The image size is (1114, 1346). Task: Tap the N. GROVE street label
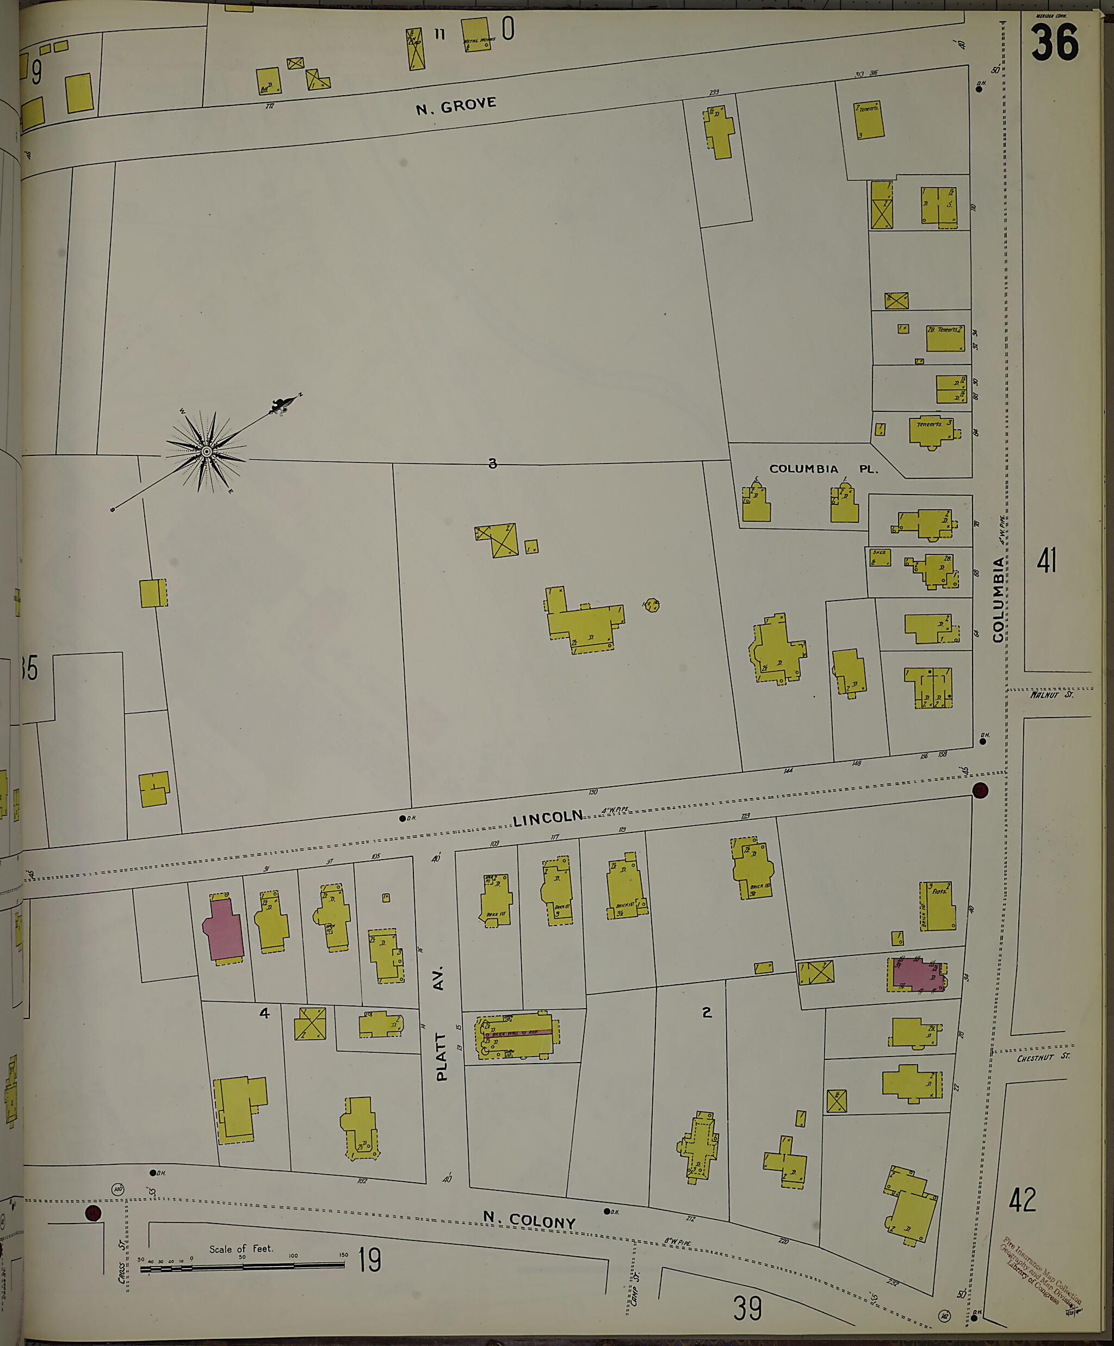(x=456, y=105)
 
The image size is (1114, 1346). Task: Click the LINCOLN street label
(x=548, y=817)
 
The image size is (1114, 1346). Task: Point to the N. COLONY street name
(x=529, y=1219)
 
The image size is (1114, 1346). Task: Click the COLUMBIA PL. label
(x=823, y=469)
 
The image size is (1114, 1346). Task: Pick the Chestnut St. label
(x=1043, y=1058)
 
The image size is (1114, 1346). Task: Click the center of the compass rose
(x=206, y=452)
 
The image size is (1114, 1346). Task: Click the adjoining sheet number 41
(x=1046, y=561)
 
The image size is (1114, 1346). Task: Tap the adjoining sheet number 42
(x=1022, y=1199)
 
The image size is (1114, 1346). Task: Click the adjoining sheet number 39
(x=747, y=1307)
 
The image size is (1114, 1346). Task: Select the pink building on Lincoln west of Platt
(x=223, y=930)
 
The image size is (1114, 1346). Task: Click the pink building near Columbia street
(x=916, y=974)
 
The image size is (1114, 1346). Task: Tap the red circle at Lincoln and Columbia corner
(x=980, y=791)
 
